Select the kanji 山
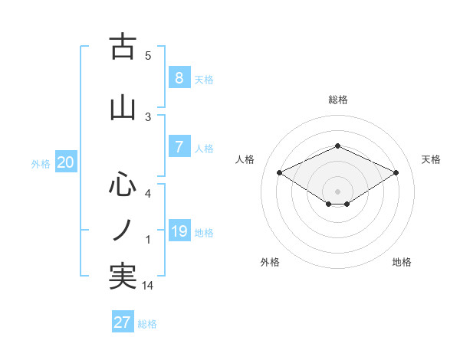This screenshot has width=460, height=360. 123,108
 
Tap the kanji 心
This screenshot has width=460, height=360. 123,185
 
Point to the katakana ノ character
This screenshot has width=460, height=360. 123,230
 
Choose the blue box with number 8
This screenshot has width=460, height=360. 179,78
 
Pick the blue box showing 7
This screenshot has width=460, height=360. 179,148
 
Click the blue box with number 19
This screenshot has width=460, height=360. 179,231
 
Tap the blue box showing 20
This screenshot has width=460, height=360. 65,162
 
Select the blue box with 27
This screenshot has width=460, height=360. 123,322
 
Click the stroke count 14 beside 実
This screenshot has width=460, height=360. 149,286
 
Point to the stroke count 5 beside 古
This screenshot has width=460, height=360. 148,56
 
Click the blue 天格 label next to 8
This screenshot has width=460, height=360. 204,80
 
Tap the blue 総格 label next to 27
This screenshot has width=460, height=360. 148,324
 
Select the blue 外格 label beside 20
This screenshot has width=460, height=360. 41,164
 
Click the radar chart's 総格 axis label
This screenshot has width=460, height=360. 338,100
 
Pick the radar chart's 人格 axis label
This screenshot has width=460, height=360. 245,159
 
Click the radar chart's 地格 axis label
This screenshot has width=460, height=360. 402,262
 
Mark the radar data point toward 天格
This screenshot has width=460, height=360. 396,173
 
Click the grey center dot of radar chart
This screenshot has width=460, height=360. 337,191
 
